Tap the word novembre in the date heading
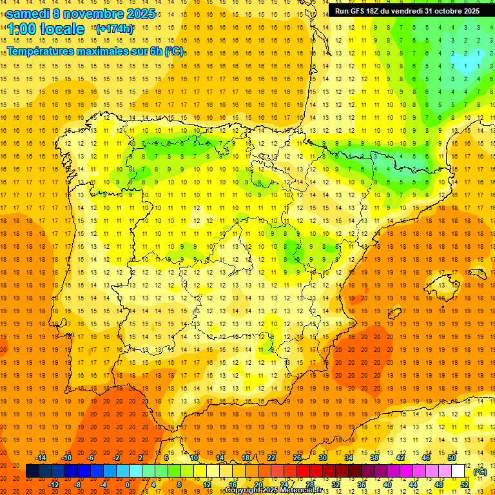[92, 13]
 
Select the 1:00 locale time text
[46, 29]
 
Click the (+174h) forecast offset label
[115, 29]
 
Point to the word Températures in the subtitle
[44, 51]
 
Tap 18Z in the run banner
[376, 11]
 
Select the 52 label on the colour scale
[465, 484]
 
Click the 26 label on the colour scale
[297, 458]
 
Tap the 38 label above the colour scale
[374, 458]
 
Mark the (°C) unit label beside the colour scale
[480, 471]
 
